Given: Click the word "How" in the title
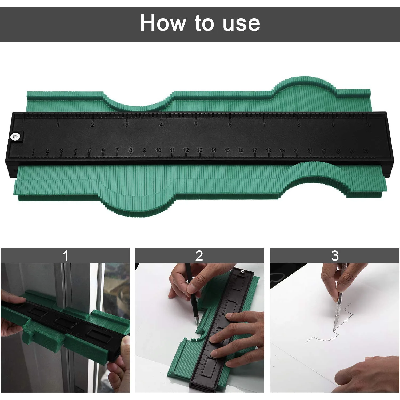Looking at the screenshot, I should [163, 23].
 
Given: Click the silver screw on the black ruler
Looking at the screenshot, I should [16, 137].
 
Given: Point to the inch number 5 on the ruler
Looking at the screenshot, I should [196, 125].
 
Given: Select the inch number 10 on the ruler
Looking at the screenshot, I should [368, 125].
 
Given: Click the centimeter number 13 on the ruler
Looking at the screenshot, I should [200, 150].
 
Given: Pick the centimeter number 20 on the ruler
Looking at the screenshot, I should [296, 150].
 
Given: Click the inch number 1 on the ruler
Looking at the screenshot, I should [58, 125].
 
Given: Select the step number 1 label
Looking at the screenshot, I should [65, 256].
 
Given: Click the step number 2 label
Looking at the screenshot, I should [199, 256].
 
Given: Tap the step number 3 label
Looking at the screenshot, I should [335, 256].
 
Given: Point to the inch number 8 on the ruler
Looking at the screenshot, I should [299, 125].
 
